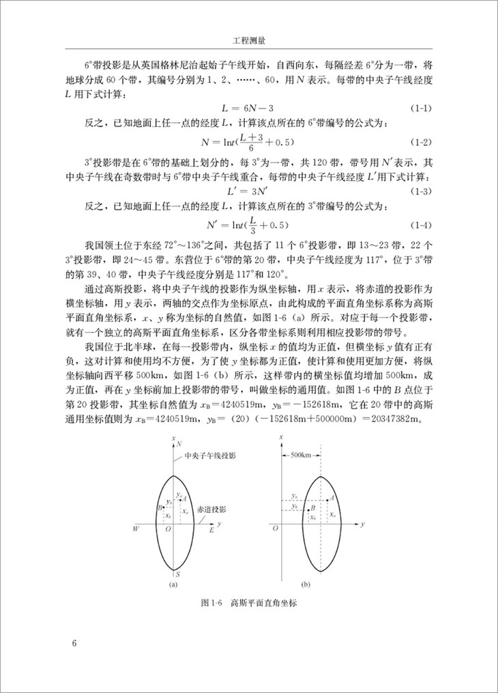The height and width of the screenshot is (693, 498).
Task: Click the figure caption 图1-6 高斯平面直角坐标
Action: coord(250,603)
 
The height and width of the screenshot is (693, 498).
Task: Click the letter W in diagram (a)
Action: coord(136,529)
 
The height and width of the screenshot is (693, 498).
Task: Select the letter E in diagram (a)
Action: coord(211,529)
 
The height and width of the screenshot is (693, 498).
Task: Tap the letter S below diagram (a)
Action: coord(177,576)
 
